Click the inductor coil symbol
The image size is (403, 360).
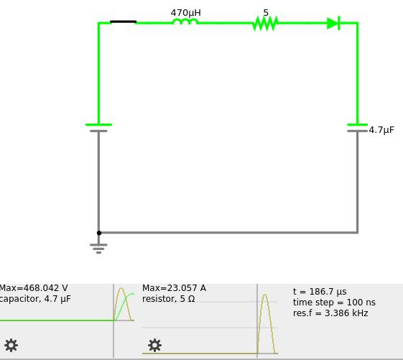click(x=185, y=22)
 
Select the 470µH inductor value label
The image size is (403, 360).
click(x=185, y=13)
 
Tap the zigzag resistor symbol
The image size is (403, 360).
click(x=266, y=23)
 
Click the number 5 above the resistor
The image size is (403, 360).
click(x=266, y=13)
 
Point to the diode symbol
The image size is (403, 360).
click(x=333, y=23)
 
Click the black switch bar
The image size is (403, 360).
click(x=123, y=22)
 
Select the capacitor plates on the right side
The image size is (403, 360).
click(x=357, y=128)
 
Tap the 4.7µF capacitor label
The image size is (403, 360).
click(x=381, y=130)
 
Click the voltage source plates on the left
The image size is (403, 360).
click(x=98, y=128)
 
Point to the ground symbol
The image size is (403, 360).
click(x=98, y=249)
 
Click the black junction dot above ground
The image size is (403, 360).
click(x=99, y=233)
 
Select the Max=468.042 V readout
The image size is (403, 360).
click(x=34, y=288)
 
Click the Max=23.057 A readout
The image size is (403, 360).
click(x=174, y=288)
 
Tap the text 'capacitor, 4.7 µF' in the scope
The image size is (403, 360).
click(x=35, y=299)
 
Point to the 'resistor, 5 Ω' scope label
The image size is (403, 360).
click(x=168, y=299)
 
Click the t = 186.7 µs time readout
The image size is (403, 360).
click(x=320, y=292)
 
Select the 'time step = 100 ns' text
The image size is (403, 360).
click(x=334, y=303)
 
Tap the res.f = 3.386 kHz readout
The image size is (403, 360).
click(x=330, y=313)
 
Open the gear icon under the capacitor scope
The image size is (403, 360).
click(x=11, y=346)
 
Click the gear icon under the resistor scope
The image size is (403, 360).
click(x=154, y=346)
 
